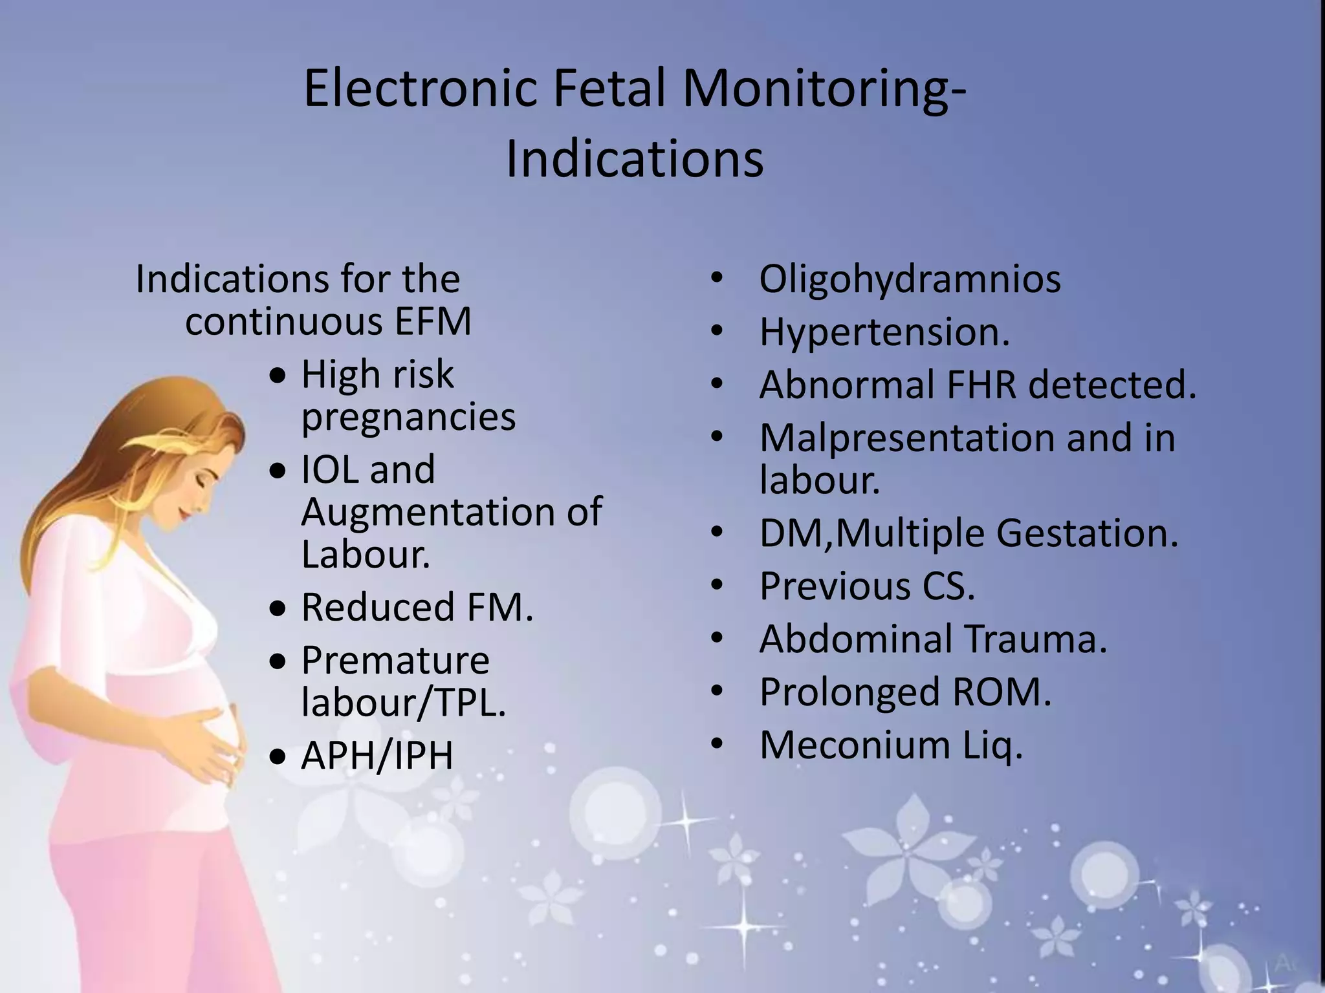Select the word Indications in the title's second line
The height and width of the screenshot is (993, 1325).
(x=634, y=159)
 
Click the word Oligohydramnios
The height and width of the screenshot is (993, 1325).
(x=910, y=280)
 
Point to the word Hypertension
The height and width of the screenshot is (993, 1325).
(x=884, y=332)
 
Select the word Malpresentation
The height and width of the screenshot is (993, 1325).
(x=907, y=438)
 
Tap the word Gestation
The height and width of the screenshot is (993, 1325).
(x=1087, y=533)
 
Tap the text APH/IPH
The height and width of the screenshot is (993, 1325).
(x=377, y=755)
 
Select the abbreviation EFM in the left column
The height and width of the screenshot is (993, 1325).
(x=433, y=321)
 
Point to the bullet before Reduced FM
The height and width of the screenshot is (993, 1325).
(x=278, y=609)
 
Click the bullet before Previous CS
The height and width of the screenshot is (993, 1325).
(x=716, y=586)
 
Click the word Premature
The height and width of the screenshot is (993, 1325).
(x=395, y=661)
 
